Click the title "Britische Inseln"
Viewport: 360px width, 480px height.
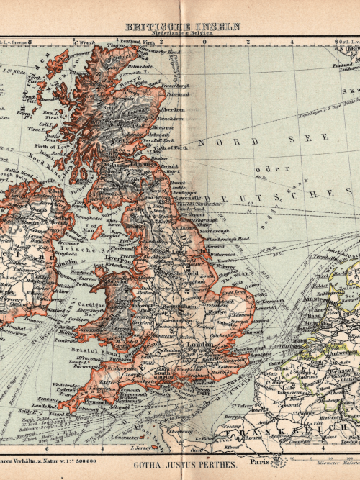coord(184,27)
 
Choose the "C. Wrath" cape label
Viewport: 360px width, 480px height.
coord(84,42)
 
